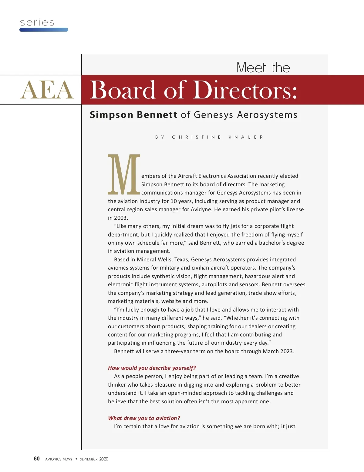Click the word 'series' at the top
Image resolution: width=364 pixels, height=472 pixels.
click(37, 22)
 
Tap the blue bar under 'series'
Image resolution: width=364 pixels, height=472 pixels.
click(44, 30)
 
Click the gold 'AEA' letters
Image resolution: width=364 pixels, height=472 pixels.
click(47, 90)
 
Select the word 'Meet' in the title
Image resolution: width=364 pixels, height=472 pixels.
click(251, 67)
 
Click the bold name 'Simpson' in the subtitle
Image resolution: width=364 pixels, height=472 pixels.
click(111, 115)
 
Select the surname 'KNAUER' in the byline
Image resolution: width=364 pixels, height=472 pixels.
click(246, 137)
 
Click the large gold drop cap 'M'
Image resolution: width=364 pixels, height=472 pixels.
click(124, 174)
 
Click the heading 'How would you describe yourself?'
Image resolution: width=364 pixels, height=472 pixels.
click(152, 368)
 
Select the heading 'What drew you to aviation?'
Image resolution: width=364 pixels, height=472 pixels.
click(144, 418)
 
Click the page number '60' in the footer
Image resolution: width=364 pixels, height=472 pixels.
click(37, 459)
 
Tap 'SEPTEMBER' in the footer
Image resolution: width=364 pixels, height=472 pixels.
click(89, 459)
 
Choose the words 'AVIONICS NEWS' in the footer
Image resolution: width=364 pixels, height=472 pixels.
click(59, 459)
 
